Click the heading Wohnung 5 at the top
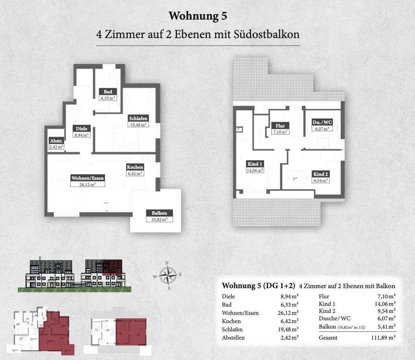(x=198, y=16)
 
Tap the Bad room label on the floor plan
(x=107, y=92)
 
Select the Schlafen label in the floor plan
(x=138, y=118)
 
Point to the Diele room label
(x=82, y=128)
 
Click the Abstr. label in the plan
(x=56, y=141)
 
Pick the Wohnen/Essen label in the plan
(x=88, y=178)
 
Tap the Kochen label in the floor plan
(x=135, y=167)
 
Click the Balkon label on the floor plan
(x=159, y=213)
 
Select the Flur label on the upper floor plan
(x=280, y=126)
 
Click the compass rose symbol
(x=168, y=274)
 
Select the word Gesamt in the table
(x=328, y=338)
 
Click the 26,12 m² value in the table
(x=288, y=313)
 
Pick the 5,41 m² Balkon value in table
(x=386, y=327)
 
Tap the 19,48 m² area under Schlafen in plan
(x=138, y=125)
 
